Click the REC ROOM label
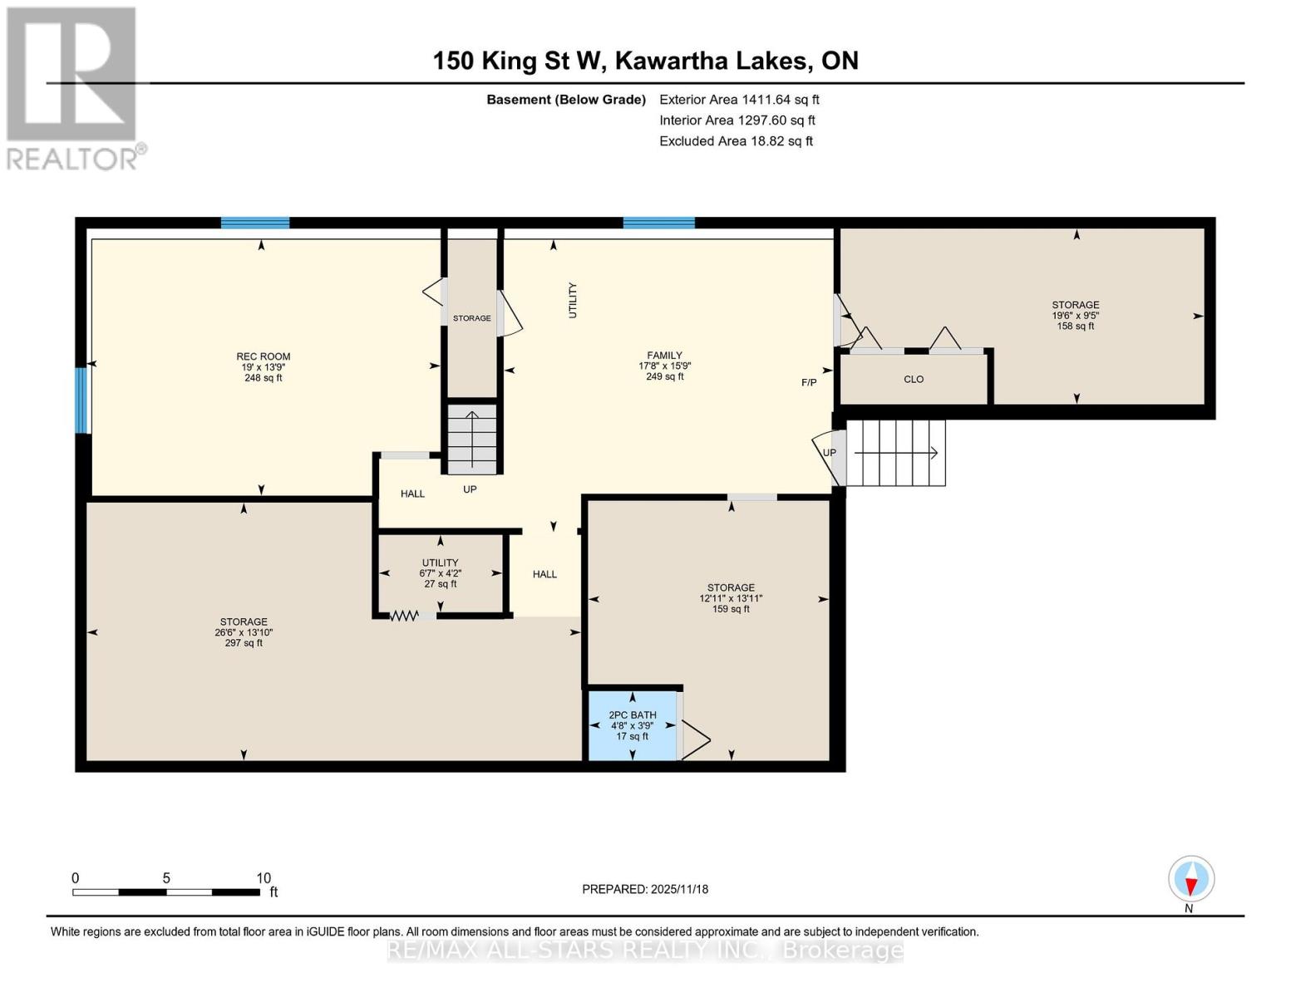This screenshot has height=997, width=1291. (263, 356)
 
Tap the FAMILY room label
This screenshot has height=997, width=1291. (664, 355)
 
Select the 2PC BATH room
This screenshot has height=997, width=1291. (632, 725)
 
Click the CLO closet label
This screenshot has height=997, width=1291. (914, 380)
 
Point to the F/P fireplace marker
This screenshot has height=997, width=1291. (808, 383)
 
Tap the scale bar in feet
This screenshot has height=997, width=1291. (166, 892)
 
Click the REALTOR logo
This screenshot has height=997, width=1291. (72, 87)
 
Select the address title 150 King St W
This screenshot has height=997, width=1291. (645, 61)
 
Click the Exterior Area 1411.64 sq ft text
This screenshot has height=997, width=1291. (739, 100)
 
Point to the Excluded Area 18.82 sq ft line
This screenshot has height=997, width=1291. (736, 141)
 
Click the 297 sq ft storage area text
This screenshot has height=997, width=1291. (244, 643)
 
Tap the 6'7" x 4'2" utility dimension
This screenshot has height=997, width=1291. (440, 573)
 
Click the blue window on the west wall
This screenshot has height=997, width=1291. (81, 400)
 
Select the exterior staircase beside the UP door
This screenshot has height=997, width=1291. (896, 453)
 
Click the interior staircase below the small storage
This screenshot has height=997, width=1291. (472, 439)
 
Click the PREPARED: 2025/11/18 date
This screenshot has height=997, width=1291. (645, 889)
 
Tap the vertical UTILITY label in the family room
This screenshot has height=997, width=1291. (572, 301)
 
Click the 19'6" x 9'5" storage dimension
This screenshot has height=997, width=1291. (1075, 316)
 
